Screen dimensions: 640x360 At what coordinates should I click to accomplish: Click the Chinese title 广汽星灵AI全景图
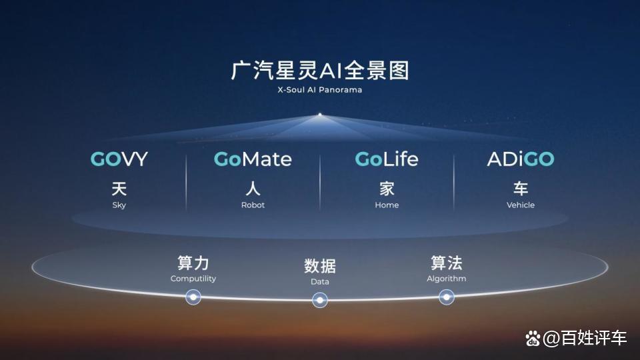pyautogui.click(x=320, y=71)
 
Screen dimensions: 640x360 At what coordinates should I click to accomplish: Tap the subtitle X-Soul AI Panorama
pyautogui.click(x=319, y=90)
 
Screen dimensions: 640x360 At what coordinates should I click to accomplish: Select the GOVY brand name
pyautogui.click(x=119, y=159)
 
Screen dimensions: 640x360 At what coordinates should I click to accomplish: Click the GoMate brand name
pyautogui.click(x=253, y=159)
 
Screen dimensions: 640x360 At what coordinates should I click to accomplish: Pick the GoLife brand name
pyautogui.click(x=387, y=159)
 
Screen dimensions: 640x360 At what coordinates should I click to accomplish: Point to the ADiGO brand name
pyautogui.click(x=521, y=159)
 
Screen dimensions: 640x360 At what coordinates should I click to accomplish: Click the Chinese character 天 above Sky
pyautogui.click(x=119, y=189)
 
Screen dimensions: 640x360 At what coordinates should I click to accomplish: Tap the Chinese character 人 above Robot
pyautogui.click(x=253, y=189)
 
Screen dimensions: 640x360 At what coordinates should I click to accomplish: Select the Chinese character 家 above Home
pyautogui.click(x=387, y=189)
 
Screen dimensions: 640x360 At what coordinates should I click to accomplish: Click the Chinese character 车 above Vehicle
pyautogui.click(x=521, y=189)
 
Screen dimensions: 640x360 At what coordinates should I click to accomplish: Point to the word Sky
pyautogui.click(x=119, y=205)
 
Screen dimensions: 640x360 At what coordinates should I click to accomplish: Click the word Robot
pyautogui.click(x=253, y=205)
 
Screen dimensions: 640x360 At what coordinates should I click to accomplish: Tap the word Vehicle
pyautogui.click(x=521, y=205)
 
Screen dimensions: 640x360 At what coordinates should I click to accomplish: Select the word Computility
pyautogui.click(x=193, y=279)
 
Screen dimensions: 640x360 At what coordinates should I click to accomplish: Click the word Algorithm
pyautogui.click(x=447, y=279)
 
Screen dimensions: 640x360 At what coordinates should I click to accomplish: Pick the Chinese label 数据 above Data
pyautogui.click(x=320, y=266)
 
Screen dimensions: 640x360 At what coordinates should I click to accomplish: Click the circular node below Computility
pyautogui.click(x=193, y=297)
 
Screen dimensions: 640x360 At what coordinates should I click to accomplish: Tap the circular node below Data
pyautogui.click(x=320, y=301)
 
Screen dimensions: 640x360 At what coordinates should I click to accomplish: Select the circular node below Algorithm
pyautogui.click(x=447, y=297)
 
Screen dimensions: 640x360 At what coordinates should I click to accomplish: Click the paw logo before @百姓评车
pyautogui.click(x=533, y=339)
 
